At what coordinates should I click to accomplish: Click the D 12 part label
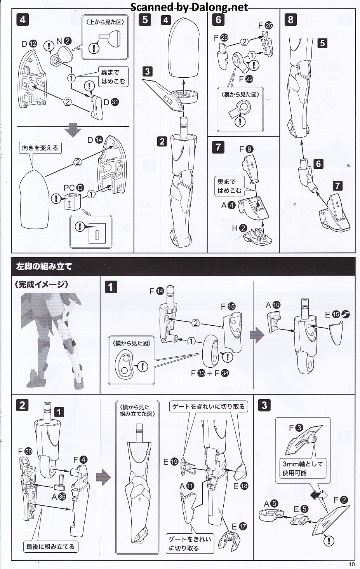pos(29,44)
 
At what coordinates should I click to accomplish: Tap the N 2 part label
pos(64,41)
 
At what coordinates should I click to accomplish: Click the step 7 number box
pos(218,147)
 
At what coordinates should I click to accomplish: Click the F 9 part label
pos(246,149)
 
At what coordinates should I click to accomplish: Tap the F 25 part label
pos(265,25)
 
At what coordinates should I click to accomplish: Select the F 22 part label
pos(246,79)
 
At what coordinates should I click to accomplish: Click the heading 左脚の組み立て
pos(44,267)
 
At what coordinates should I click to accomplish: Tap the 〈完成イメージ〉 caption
pos(42,284)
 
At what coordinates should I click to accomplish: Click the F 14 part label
pos(157,291)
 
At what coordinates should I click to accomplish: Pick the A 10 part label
pos(273,305)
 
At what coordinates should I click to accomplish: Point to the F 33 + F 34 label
pos(210,373)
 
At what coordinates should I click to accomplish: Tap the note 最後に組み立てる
pos(50,546)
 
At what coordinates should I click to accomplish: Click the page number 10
pos(351,564)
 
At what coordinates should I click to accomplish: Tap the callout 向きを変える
pos(40,148)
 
